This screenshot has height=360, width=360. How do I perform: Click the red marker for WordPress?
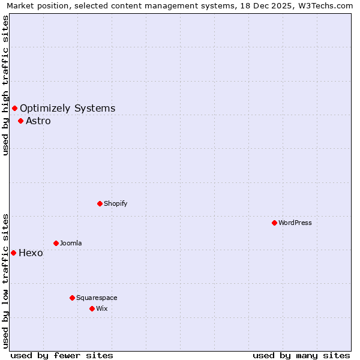(x=274, y=223)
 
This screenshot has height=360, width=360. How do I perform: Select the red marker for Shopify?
(x=100, y=203)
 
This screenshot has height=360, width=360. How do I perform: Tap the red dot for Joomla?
(x=56, y=243)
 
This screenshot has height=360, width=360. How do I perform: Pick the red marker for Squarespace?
(x=72, y=298)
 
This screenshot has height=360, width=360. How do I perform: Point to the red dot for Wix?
(x=92, y=308)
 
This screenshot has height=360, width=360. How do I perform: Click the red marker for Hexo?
(x=13, y=253)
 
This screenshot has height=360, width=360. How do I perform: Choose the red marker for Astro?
(x=20, y=121)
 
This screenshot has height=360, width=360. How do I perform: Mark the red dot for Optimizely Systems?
(x=14, y=108)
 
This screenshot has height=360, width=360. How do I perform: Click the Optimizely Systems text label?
(x=67, y=109)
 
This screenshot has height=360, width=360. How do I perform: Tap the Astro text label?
(x=38, y=121)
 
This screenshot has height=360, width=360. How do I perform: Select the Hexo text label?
(x=31, y=253)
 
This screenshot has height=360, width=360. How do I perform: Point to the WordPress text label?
(x=295, y=223)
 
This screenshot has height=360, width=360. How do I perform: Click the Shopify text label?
(x=116, y=203)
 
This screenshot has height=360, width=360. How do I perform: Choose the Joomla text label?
(x=71, y=243)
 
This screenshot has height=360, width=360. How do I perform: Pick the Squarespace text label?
(x=97, y=298)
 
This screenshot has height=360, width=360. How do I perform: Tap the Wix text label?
(x=101, y=308)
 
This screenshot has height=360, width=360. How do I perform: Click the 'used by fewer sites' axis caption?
(x=62, y=355)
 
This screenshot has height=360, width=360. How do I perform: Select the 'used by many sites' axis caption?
(x=301, y=355)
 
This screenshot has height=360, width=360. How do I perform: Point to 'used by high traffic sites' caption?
(x=5, y=85)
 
